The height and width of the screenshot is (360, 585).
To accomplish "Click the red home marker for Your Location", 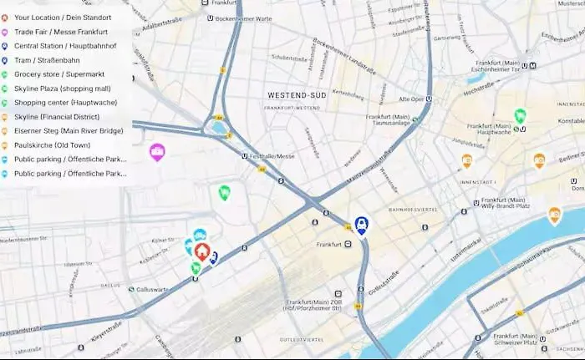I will coord(202,251).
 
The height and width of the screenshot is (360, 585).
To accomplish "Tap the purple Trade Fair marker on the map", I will coord(157,151).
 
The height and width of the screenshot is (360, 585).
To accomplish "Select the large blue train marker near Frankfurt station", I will coord(361,224).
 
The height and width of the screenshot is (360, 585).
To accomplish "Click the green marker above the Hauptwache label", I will coord(520,115).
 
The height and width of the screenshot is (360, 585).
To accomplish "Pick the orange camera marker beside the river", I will coord(554,215).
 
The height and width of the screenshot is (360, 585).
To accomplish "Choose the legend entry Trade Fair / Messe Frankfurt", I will coord(61,32).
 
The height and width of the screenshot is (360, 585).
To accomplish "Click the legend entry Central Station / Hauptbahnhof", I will coord(65,46).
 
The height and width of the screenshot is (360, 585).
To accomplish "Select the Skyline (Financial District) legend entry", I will coord(57,117).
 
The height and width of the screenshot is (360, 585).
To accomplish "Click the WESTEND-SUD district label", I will coord(295,96).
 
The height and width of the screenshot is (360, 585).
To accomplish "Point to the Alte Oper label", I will coord(410,98).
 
